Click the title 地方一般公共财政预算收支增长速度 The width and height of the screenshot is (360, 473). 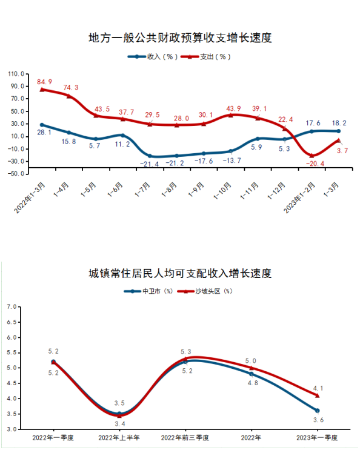[x=180, y=38]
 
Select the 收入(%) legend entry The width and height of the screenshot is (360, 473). [x=153, y=57]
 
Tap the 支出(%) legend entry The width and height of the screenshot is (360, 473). [x=206, y=57]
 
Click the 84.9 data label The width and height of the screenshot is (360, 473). [x=44, y=82]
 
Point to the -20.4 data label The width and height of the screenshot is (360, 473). [x=315, y=164]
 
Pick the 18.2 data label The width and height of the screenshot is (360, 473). [x=339, y=123]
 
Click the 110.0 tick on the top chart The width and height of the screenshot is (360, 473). [x=16, y=74]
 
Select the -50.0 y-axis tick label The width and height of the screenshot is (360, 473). [x=15, y=174]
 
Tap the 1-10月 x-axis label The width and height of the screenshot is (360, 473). [x=222, y=191]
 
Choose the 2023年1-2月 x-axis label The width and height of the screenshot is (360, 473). [x=299, y=198]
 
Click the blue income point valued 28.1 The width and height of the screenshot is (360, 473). [x=42, y=125]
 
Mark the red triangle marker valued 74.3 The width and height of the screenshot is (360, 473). [x=69, y=96]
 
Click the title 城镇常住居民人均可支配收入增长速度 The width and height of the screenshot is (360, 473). [x=180, y=273]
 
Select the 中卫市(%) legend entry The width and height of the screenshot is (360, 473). [x=148, y=291]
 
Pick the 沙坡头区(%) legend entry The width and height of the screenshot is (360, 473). [x=205, y=291]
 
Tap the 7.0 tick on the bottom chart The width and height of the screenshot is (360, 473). [x=12, y=307]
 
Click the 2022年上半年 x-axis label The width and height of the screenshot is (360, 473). [x=119, y=438]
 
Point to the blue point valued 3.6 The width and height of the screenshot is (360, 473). [x=317, y=411]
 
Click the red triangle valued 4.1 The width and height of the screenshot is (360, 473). [x=317, y=395]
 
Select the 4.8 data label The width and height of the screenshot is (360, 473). [x=253, y=383]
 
